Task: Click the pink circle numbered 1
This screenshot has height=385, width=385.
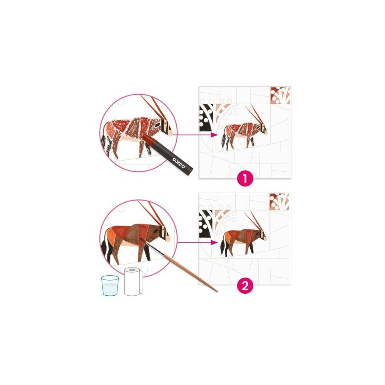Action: click(245, 179)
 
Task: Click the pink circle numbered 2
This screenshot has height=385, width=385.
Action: click(245, 286)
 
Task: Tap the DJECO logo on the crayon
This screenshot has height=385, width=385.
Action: click(179, 163)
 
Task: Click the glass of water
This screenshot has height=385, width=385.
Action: click(110, 285)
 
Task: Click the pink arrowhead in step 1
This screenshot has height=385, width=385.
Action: click(214, 134)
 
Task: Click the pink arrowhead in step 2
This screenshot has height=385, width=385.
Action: click(214, 242)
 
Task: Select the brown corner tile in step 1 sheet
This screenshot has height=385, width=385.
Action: click(280, 96)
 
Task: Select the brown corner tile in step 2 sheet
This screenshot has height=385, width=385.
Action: click(279, 202)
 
